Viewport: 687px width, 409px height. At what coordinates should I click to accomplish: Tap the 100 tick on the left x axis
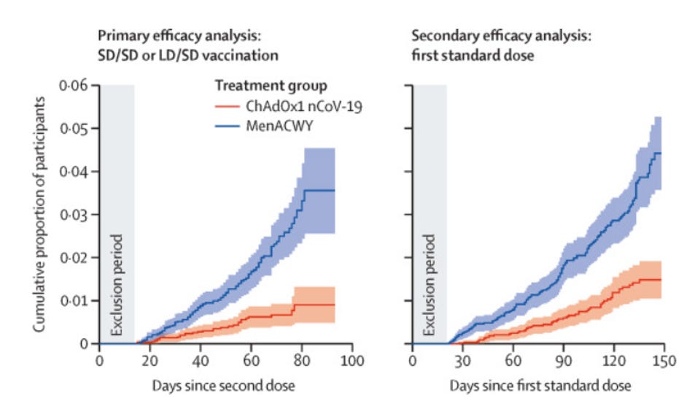(352, 360)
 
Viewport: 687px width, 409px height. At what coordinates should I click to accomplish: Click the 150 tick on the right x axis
(663, 360)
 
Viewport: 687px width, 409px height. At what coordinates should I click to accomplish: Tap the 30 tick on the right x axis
(462, 360)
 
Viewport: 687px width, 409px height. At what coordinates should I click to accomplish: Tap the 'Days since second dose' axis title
(228, 384)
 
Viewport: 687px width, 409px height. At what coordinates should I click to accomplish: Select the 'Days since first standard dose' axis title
(539, 384)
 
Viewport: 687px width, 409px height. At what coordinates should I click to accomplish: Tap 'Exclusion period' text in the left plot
(117, 286)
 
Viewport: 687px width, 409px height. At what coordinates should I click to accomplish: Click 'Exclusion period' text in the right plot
(430, 286)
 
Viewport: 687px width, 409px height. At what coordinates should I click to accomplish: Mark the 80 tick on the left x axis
(302, 360)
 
